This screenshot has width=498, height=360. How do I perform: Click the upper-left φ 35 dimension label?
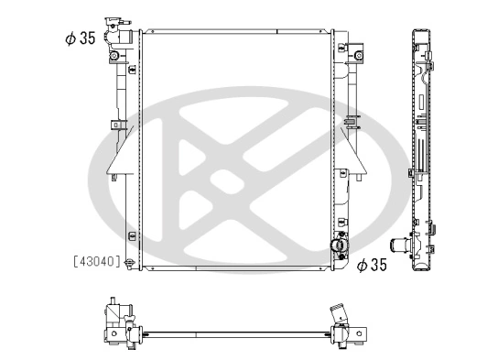(x=77, y=38)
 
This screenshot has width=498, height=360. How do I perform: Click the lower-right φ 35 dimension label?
(x=373, y=265)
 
